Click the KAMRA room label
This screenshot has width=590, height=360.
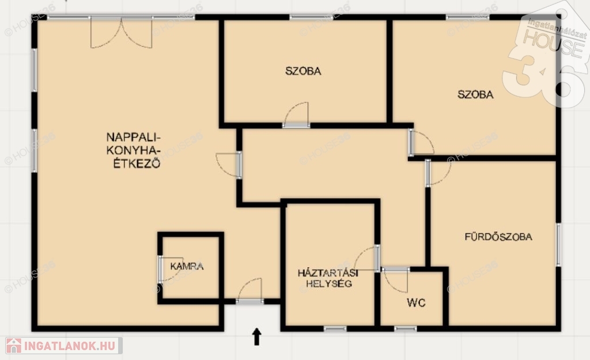coord(187,266)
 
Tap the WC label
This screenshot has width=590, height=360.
coord(416,303)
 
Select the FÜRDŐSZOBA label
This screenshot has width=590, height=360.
coord(498,237)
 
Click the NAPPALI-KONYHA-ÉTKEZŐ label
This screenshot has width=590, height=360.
coord(134,150)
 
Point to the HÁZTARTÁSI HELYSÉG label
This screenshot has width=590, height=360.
coord(328,278)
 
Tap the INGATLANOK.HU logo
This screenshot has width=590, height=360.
coord(63,346)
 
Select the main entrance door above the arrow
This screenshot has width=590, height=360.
coord(250,291)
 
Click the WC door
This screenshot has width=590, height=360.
coord(395,281)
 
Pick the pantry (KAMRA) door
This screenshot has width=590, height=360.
coord(170,270)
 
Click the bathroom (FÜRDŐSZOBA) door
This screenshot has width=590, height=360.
coord(438,172)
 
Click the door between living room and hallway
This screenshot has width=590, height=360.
coord(228,165)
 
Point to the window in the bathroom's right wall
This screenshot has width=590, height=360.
coord(558,245)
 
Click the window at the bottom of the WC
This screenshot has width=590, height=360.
coord(405,329)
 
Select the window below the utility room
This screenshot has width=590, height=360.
coord(335,329)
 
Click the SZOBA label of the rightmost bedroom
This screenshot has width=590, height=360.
coord(475,94)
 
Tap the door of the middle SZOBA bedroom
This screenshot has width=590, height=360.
coord(296,115)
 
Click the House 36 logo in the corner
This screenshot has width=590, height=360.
coord(546,56)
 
